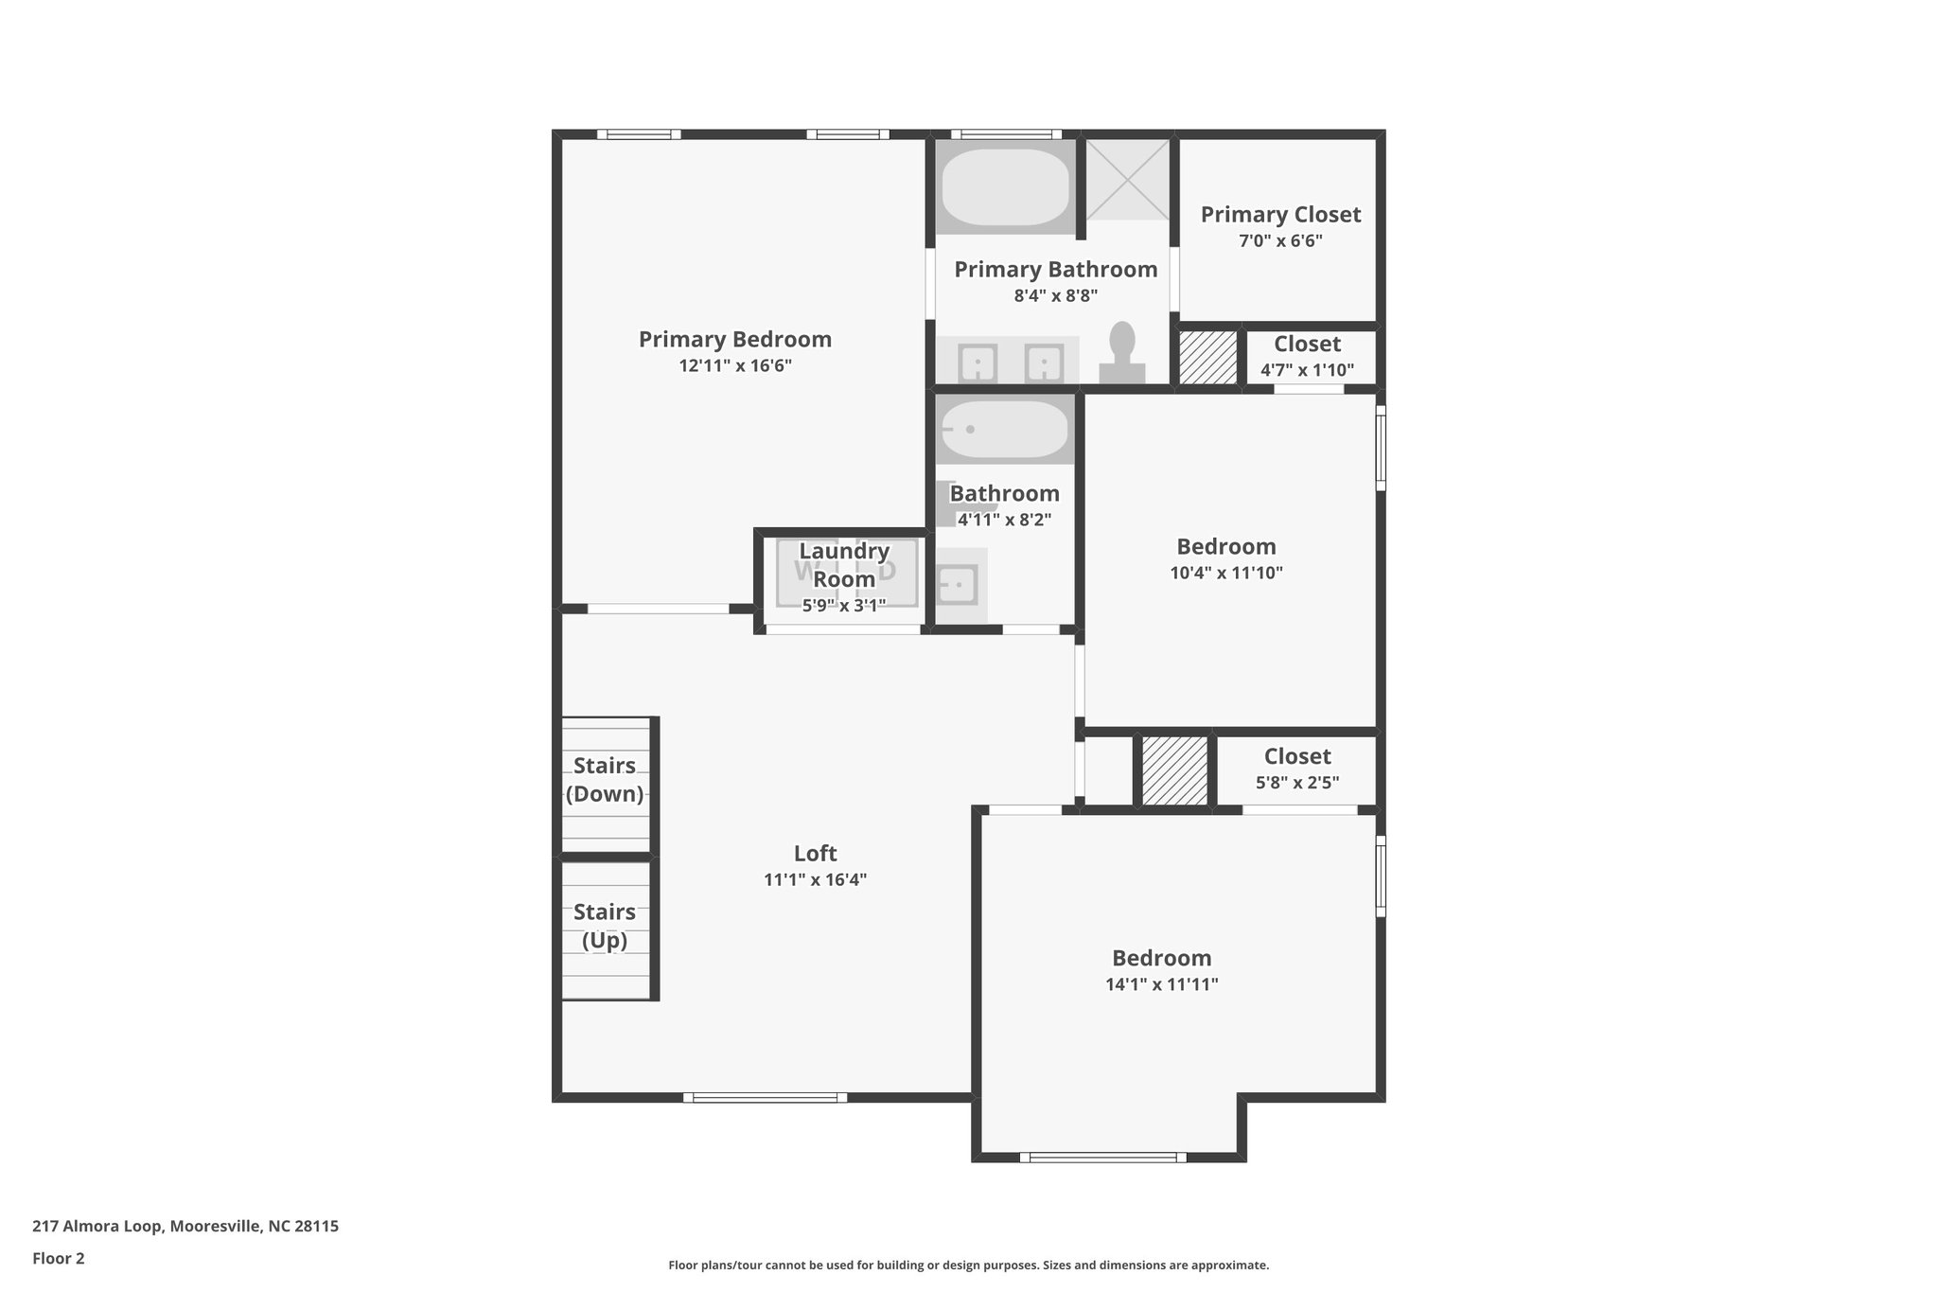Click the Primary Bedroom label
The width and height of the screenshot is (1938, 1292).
click(734, 340)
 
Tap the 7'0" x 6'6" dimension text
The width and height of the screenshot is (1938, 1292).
click(1280, 241)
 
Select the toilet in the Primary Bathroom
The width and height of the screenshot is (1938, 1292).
click(1121, 353)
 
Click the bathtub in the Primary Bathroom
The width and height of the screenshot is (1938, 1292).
click(1005, 186)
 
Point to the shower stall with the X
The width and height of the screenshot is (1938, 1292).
click(1126, 180)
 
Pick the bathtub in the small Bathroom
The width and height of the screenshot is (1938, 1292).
click(1005, 430)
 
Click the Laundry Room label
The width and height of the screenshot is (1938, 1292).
click(844, 565)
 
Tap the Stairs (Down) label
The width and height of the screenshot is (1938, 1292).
click(605, 780)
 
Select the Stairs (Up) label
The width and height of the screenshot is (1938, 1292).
click(605, 927)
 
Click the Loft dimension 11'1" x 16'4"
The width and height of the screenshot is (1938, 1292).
click(815, 880)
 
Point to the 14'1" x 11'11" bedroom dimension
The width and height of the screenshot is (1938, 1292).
click(1161, 984)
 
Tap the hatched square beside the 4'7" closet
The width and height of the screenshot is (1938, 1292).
click(1207, 357)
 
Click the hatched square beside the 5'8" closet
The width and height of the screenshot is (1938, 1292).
click(1174, 770)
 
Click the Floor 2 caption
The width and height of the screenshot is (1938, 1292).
click(59, 1259)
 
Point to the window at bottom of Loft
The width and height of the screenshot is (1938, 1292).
click(765, 1098)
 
